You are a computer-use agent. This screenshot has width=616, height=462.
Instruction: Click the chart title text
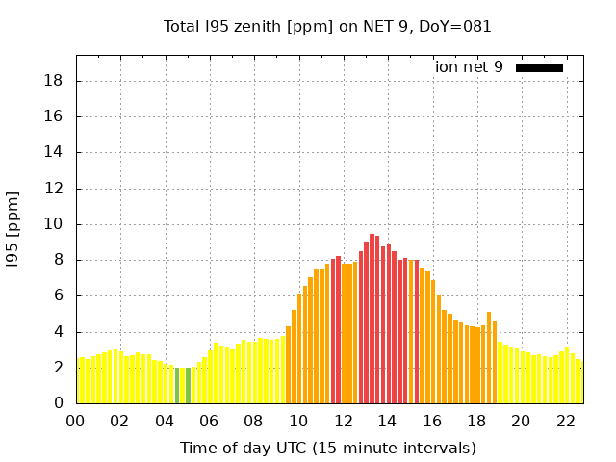click(x=328, y=26)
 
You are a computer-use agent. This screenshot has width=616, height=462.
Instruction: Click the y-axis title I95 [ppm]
click(x=13, y=229)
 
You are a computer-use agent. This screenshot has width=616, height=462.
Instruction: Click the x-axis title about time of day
click(x=328, y=448)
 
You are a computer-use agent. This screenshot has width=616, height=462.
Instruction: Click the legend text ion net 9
click(x=469, y=67)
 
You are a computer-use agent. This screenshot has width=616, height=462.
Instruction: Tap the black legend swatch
click(x=539, y=67)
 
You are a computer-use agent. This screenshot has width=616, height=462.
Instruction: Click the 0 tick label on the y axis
click(x=59, y=403)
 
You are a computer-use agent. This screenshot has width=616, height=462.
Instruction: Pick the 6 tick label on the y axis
click(x=59, y=295)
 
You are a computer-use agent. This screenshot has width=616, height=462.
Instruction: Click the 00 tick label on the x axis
click(x=76, y=421)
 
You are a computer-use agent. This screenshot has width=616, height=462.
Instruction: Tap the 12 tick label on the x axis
click(x=343, y=421)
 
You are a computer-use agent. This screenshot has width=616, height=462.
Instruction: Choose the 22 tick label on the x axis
click(x=565, y=421)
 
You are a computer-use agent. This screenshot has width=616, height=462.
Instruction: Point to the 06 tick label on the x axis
click(x=209, y=421)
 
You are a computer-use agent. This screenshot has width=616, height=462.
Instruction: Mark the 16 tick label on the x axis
click(x=431, y=421)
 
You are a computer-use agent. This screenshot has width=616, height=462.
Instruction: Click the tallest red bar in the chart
click(x=372, y=318)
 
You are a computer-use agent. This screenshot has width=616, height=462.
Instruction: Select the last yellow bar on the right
click(x=578, y=382)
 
